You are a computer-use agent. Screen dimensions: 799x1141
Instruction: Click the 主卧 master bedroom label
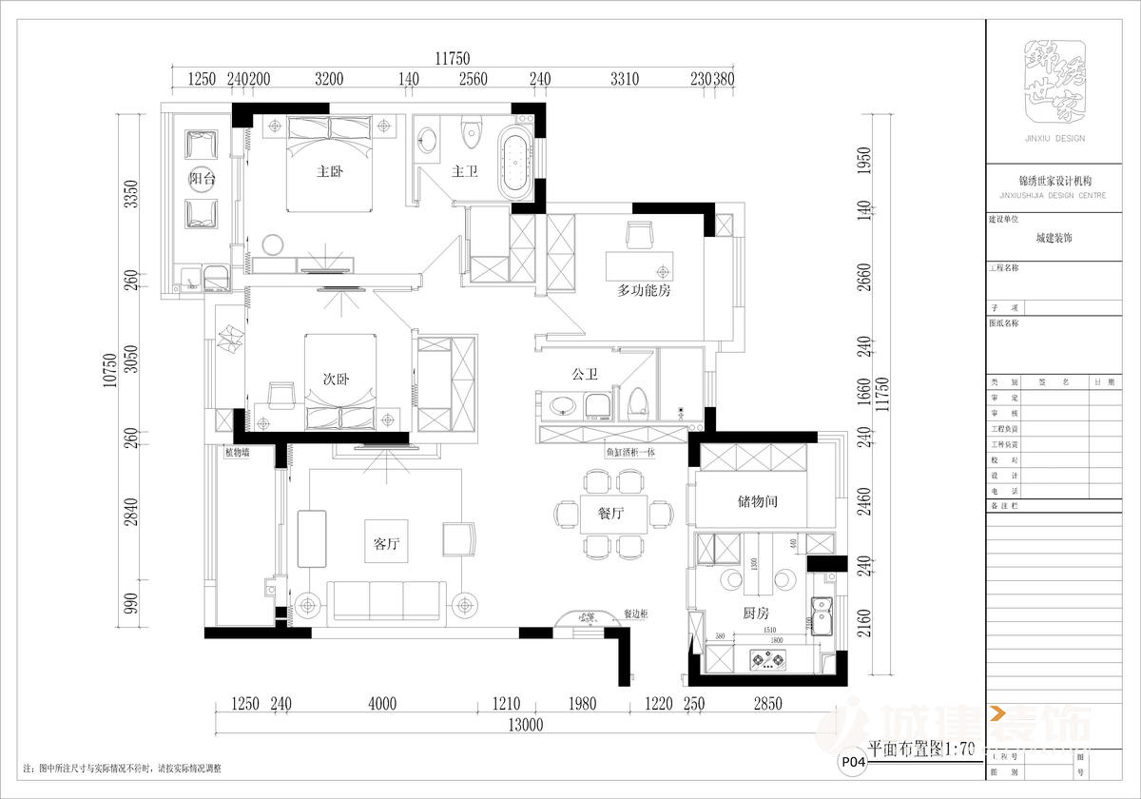(329, 172)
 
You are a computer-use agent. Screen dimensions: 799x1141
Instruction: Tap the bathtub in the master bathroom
(517, 166)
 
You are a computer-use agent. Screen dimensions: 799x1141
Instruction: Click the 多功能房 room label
(644, 290)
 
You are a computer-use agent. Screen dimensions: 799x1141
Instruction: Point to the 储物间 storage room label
(758, 500)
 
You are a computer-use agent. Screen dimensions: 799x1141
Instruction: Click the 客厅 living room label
(384, 544)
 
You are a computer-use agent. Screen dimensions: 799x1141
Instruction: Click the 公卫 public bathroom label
(584, 375)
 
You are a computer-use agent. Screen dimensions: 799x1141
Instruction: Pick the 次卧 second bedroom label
(336, 378)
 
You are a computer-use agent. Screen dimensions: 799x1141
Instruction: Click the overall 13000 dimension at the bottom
(524, 725)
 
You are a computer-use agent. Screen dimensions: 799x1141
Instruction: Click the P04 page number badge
(852, 761)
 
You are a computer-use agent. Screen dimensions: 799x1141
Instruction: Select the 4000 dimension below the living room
(381, 704)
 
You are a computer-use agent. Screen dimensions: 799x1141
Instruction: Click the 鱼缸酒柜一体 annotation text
(629, 453)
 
